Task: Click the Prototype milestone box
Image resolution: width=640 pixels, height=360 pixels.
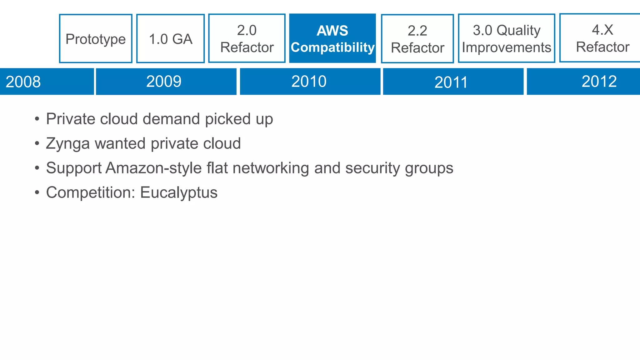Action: pos(96,39)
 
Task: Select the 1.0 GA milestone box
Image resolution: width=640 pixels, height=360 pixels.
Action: pos(170,39)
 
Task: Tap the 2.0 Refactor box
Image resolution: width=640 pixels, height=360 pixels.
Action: pos(247,39)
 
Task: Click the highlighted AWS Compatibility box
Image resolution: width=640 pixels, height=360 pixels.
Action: pos(332,39)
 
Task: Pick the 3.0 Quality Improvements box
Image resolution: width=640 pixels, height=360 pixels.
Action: pos(507,39)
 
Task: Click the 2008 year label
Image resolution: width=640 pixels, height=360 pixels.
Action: pos(23,82)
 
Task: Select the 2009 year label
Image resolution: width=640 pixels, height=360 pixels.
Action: pos(164,82)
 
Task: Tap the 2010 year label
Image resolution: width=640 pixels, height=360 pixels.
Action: pos(309,82)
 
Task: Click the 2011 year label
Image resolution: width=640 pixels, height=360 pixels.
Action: pos(451,82)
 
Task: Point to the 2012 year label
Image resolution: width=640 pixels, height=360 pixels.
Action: pos(599,82)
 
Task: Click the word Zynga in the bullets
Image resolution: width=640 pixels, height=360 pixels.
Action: pos(68,144)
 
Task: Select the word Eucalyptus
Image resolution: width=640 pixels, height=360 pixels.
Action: pos(179,192)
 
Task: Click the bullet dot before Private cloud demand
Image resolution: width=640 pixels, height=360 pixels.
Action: pos(37,119)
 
